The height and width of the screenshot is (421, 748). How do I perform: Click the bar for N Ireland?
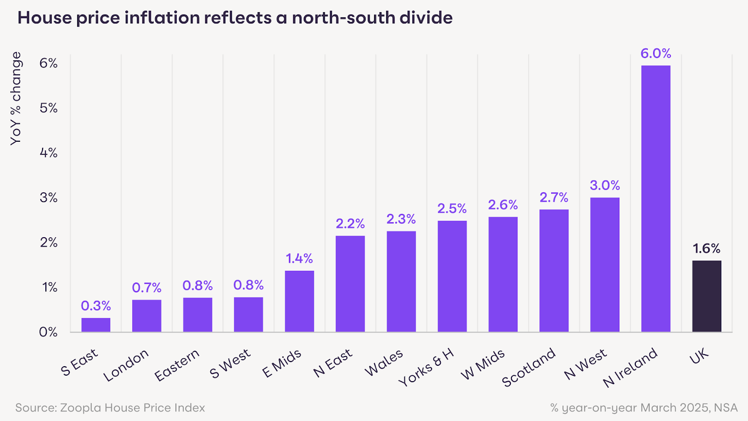655,199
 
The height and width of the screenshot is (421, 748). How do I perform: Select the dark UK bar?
706,296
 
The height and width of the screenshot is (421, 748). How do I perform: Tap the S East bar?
96,325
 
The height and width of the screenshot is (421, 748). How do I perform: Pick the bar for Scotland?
554,271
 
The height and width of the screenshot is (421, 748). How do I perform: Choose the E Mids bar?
299,301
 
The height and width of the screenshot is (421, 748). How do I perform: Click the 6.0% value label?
655,53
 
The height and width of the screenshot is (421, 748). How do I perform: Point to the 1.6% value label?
706,248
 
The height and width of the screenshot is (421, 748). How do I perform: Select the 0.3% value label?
96,306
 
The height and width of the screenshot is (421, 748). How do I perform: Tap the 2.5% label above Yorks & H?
452,208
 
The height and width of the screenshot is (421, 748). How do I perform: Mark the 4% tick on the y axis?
49,153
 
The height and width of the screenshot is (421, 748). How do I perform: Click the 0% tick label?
48,332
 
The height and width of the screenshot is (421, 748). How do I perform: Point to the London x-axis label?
126,365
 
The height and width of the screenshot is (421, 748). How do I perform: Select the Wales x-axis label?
384,363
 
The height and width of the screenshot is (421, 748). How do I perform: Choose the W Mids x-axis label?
483,364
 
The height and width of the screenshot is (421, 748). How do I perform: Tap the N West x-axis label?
585,364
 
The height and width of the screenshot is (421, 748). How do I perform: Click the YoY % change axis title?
16,98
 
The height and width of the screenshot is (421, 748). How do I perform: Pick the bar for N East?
350,284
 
